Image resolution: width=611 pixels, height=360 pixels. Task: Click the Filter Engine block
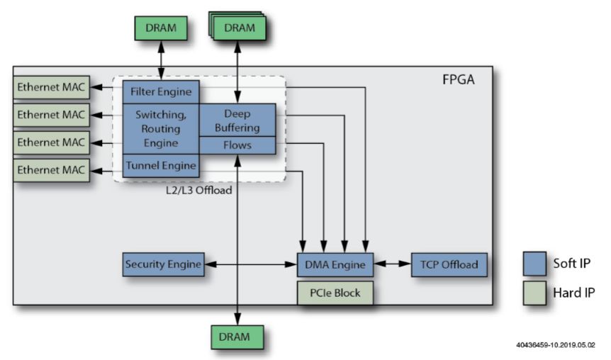tap(161, 92)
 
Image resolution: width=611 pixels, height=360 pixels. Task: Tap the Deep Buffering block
tap(237, 120)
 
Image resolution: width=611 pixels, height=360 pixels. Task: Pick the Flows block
tap(237, 145)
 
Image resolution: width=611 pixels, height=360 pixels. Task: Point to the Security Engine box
tap(163, 265)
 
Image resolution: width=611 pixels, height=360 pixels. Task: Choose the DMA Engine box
tap(335, 265)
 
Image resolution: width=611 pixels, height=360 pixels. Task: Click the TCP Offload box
tap(444, 265)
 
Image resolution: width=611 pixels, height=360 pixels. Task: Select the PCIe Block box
tap(335, 291)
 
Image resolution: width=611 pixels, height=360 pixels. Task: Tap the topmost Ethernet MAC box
tap(50, 89)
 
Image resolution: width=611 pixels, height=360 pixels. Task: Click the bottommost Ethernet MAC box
tap(50, 169)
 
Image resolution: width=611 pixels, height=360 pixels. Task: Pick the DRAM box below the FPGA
tap(237, 336)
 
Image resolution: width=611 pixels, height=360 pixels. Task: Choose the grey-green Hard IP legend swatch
tap(533, 292)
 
